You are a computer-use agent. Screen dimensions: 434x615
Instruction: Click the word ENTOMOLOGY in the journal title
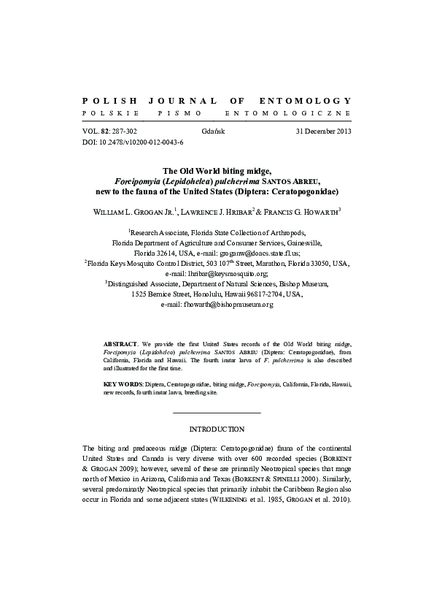306,100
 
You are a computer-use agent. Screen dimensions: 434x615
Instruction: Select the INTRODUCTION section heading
217,429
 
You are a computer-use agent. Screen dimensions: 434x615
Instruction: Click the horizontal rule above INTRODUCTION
217,413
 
